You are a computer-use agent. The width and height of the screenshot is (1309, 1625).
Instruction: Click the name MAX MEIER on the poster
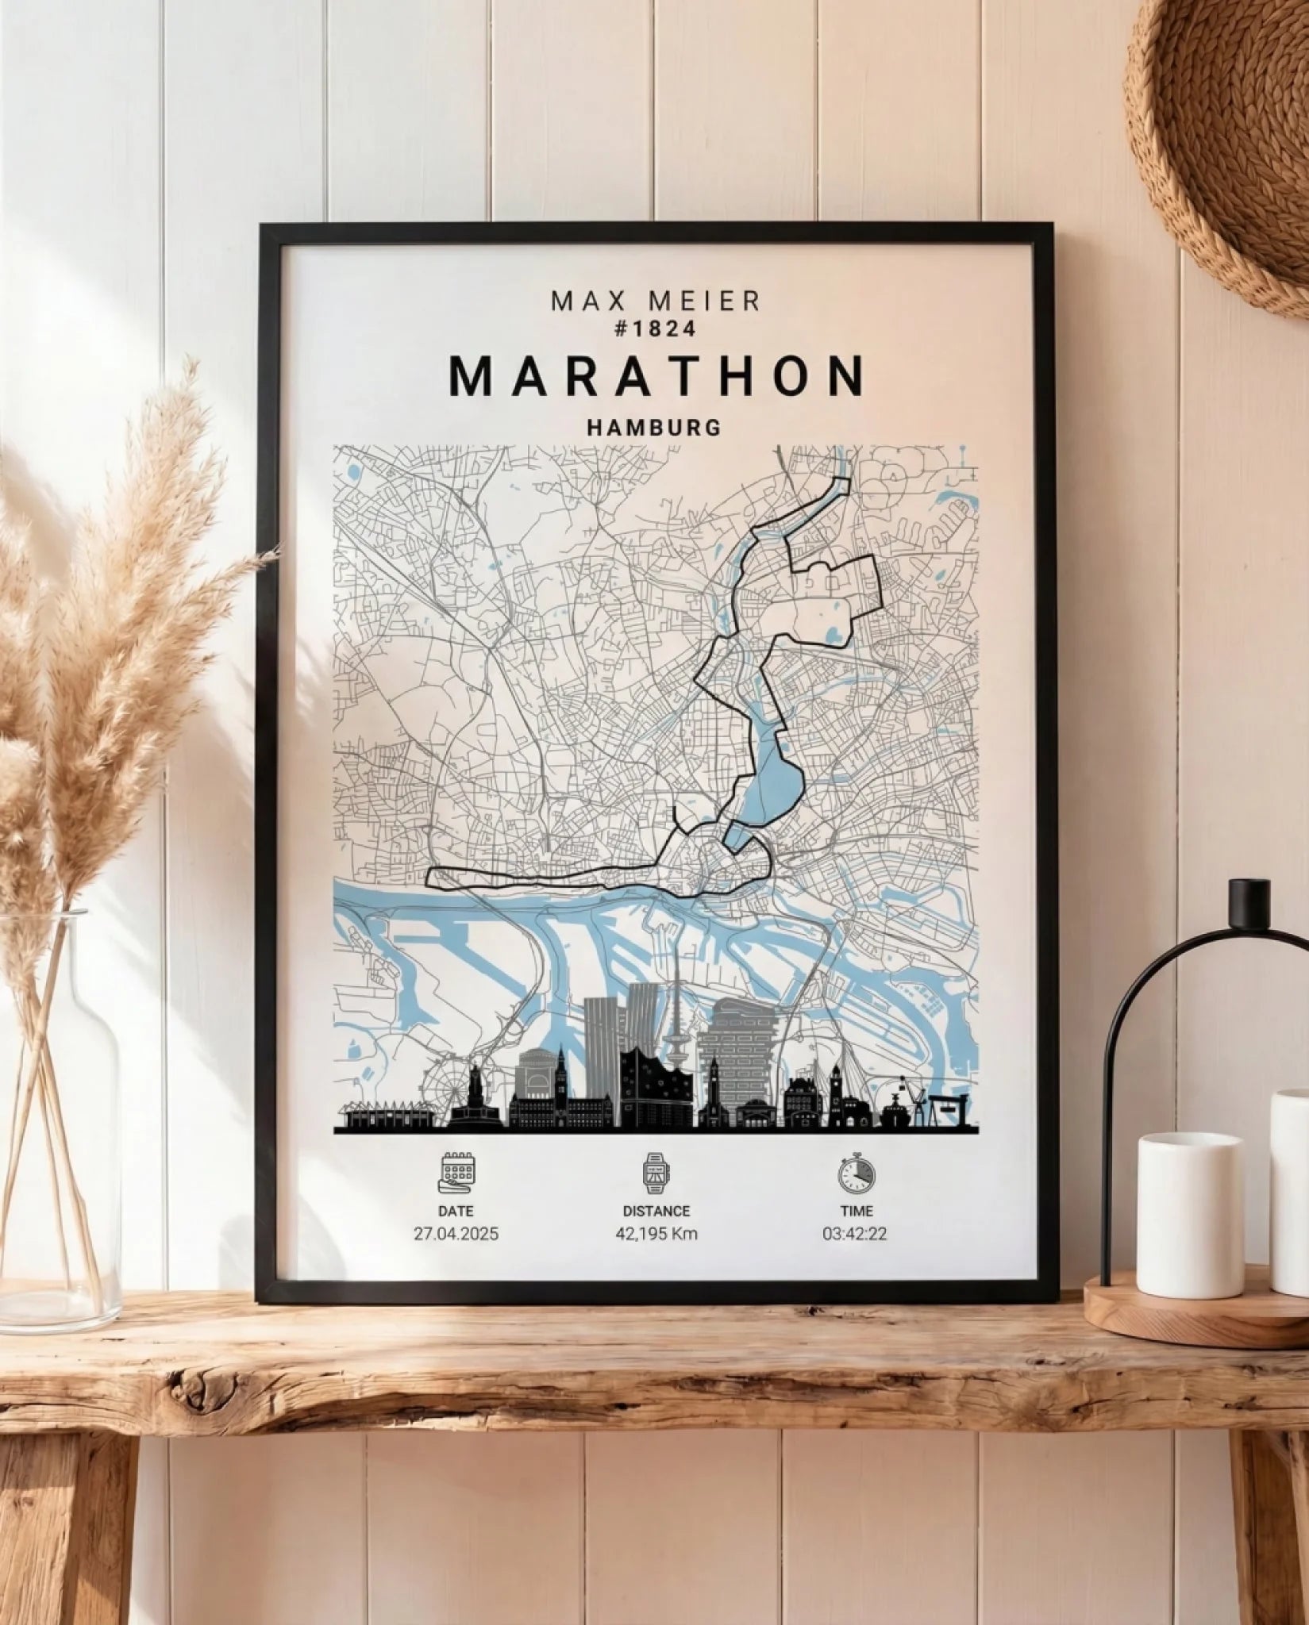(x=656, y=302)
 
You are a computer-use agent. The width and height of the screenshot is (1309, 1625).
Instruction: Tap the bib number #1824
(x=656, y=328)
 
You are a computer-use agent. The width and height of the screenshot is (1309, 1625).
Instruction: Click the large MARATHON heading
(x=656, y=376)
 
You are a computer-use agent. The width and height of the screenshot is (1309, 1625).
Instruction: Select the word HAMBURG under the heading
(x=655, y=428)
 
